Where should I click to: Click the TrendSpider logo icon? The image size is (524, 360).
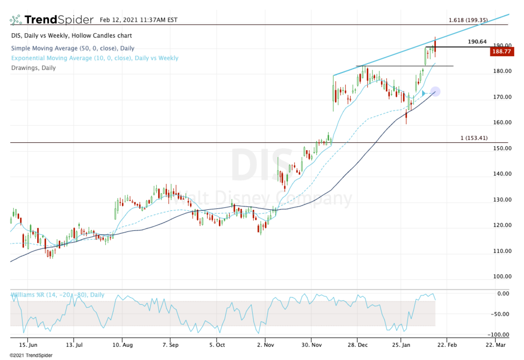[16, 20]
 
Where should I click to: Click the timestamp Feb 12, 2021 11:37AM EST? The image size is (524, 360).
[138, 20]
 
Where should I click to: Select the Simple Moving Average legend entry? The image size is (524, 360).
[72, 48]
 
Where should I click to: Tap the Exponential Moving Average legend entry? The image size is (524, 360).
[94, 58]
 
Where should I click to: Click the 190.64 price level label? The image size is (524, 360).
[477, 42]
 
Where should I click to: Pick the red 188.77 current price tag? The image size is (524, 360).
[501, 51]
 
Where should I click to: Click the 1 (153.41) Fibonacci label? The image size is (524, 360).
[474, 138]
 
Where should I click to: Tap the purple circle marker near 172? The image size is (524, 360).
[435, 92]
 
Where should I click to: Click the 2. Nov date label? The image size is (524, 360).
[265, 344]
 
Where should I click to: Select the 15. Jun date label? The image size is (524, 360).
[28, 344]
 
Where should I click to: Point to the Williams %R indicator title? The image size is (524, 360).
[57, 295]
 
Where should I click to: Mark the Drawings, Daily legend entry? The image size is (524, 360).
[33, 68]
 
